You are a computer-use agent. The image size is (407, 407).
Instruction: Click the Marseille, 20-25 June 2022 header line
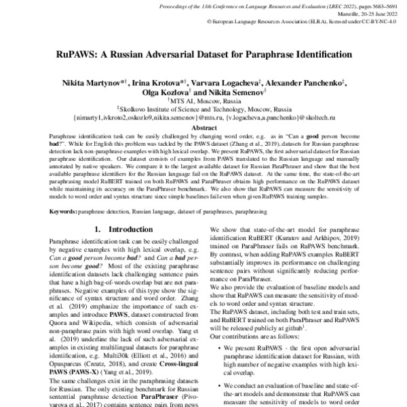click(x=366, y=14)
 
